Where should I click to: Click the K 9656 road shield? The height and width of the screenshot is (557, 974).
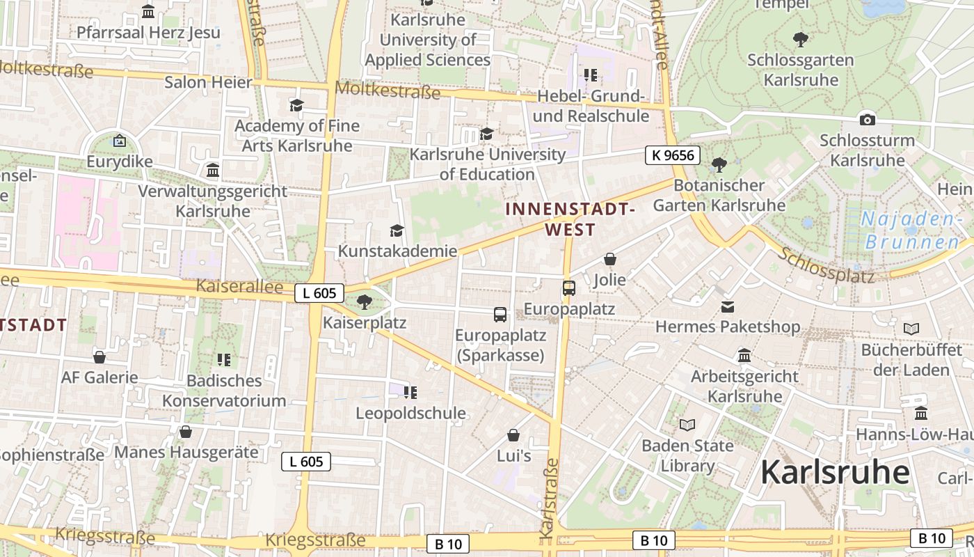[672, 155]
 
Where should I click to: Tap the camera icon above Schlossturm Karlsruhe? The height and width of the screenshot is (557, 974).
[867, 119]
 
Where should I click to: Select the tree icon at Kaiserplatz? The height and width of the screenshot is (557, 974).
[364, 301]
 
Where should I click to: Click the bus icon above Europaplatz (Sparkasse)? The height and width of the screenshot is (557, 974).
[500, 314]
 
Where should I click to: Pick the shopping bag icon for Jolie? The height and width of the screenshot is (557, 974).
[610, 259]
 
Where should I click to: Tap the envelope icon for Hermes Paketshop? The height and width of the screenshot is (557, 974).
[728, 306]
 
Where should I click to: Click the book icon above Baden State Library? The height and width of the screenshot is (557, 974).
[687, 425]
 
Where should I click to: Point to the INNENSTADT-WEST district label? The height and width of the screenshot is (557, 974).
[570, 219]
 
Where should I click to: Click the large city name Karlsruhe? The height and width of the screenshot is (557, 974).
[835, 472]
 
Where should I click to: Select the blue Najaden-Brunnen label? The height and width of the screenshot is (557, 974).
[911, 230]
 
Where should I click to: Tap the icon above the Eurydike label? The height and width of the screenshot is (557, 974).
[119, 141]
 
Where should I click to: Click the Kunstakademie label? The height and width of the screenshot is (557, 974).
[397, 251]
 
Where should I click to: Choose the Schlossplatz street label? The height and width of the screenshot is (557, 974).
[826, 265]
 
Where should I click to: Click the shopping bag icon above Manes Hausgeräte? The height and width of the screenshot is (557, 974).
[186, 432]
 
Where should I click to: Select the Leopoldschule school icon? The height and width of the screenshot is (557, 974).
[410, 392]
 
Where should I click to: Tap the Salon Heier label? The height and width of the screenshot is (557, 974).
[208, 82]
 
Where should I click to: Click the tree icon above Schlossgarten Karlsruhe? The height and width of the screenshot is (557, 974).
[801, 39]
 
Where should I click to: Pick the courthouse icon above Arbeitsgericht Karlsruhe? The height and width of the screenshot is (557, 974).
[744, 356]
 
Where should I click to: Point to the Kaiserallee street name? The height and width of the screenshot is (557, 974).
[239, 286]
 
